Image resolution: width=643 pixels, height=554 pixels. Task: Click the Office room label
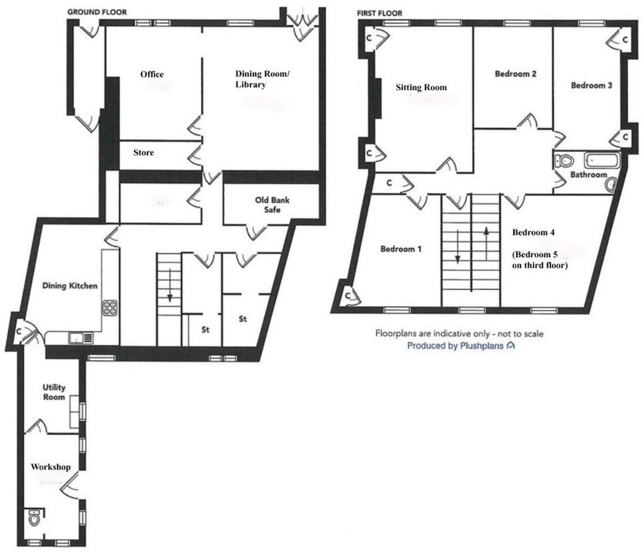(x=152, y=74)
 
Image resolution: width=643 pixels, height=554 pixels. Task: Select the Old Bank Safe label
(x=272, y=205)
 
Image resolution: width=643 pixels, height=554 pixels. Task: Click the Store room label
(x=144, y=152)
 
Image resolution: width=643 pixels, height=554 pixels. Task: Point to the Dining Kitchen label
(x=70, y=285)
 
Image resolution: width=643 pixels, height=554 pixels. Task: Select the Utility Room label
(x=54, y=392)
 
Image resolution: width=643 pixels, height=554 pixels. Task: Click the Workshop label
(x=51, y=467)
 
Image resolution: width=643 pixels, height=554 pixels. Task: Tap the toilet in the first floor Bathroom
(x=564, y=161)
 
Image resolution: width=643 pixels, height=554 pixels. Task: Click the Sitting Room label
(x=421, y=87)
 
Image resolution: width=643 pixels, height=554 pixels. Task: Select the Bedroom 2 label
(x=516, y=73)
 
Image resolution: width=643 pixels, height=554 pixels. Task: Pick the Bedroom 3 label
(x=591, y=86)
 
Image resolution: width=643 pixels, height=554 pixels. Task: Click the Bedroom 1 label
(x=400, y=249)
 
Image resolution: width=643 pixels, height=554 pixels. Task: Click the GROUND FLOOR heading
(x=97, y=12)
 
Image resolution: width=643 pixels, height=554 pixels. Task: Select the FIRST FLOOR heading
(x=380, y=13)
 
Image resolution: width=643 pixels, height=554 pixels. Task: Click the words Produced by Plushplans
(x=455, y=346)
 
